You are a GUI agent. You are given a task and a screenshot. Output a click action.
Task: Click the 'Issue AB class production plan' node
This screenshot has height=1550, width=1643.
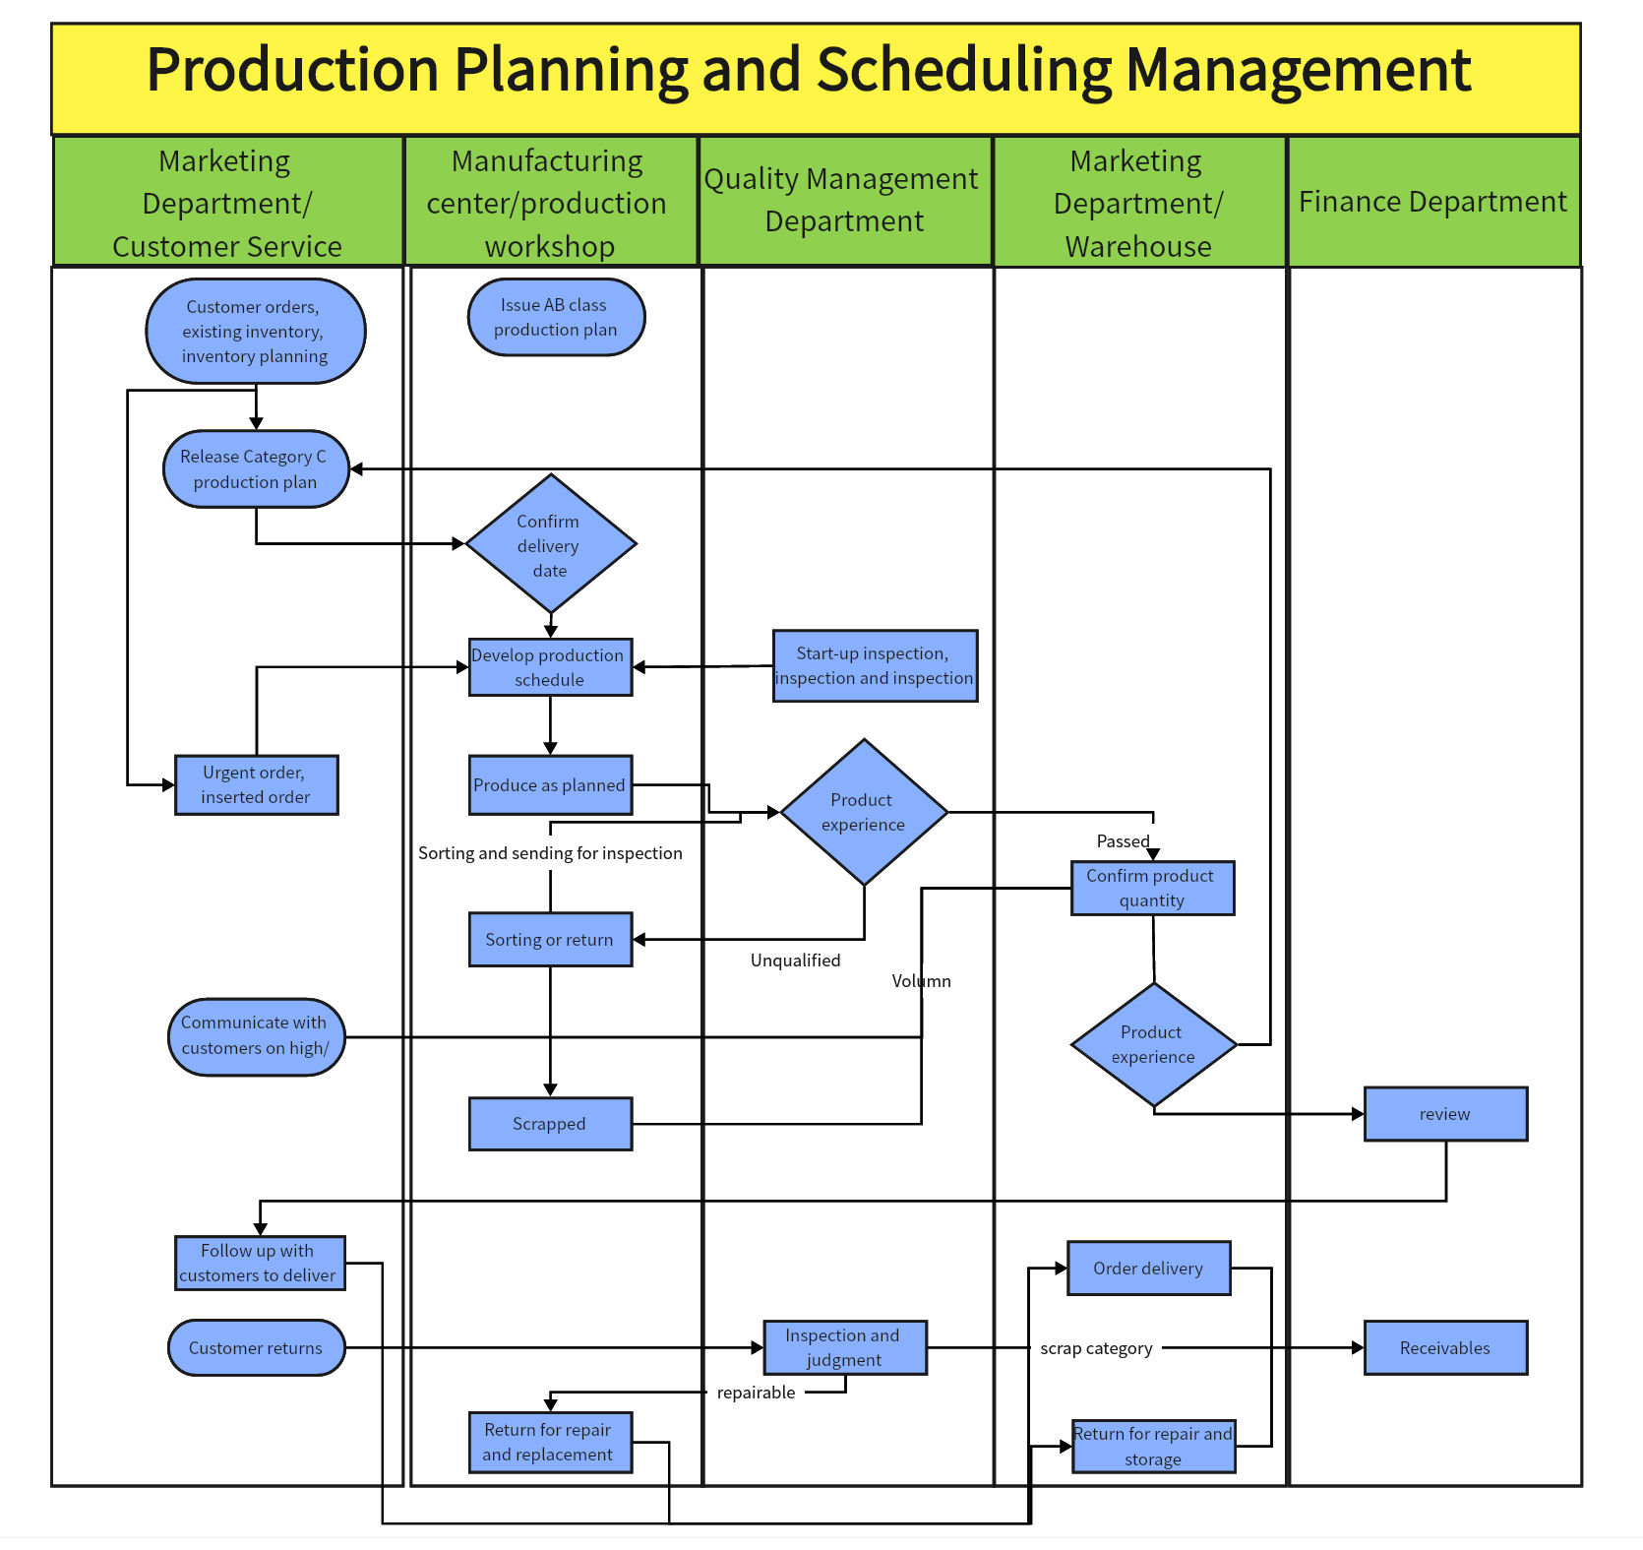[556, 318]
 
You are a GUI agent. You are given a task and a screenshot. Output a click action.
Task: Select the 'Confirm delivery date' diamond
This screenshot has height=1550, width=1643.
[550, 544]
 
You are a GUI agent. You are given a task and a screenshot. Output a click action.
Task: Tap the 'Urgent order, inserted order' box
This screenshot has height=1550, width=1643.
[256, 785]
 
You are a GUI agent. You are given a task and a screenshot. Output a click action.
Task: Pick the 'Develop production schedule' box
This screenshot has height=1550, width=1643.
[550, 667]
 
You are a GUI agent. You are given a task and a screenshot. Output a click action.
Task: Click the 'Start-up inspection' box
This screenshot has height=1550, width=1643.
[875, 666]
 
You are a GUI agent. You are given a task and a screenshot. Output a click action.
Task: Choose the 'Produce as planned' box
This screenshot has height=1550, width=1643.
[550, 785]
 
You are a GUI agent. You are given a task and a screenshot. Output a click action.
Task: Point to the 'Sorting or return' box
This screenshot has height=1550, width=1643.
[550, 940]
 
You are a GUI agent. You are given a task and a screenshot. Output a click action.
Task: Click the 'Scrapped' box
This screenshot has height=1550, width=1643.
[550, 1124]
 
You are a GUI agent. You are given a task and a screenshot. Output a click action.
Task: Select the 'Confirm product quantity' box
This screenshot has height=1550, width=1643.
[1152, 888]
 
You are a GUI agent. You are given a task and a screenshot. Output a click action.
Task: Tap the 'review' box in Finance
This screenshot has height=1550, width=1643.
[1445, 1114]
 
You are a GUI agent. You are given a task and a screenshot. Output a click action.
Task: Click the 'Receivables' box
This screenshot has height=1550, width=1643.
[1445, 1348]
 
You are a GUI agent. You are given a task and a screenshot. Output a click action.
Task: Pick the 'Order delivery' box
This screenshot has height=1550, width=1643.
[1148, 1269]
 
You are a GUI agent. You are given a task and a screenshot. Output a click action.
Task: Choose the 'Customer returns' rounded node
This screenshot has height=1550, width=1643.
[256, 1348]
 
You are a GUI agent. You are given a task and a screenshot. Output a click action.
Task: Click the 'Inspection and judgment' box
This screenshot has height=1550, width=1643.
[844, 1348]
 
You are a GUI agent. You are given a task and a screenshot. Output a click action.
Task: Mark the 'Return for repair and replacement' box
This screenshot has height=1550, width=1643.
[550, 1443]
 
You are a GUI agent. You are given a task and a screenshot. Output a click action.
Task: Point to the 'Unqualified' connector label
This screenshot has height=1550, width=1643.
[795, 961]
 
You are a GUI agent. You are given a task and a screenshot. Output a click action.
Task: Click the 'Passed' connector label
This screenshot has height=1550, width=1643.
[1123, 841]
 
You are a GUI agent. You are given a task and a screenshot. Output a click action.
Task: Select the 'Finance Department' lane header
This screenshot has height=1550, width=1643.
[1432, 202]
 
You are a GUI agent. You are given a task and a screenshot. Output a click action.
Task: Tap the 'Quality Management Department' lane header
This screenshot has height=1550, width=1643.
[843, 201]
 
